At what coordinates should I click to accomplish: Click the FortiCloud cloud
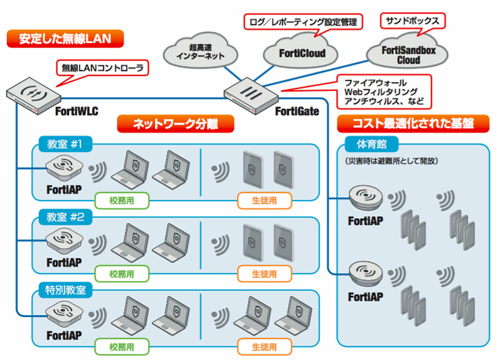pos(301,52)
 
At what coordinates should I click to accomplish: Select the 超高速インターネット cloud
pos(200,51)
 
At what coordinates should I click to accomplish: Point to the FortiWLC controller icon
pos(34,96)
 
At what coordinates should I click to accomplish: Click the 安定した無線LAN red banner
pos(65,39)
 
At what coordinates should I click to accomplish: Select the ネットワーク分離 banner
pos(176,123)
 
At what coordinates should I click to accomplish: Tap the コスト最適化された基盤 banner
pos(413,123)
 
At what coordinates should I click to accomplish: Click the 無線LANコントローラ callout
pos(102,68)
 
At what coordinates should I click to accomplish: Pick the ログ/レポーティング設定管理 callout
pos(303,22)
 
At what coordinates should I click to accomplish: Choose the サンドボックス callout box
pos(413,21)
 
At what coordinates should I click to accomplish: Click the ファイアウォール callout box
pos(384,92)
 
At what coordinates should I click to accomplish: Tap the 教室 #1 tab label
pos(65,144)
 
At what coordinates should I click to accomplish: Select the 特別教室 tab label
pos(65,290)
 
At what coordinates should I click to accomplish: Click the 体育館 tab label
pos(372,144)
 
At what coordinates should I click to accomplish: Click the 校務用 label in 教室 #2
pos(122,274)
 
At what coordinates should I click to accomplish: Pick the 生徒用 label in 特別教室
pos(264,347)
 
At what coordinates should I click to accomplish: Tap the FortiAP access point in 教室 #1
pos(64,168)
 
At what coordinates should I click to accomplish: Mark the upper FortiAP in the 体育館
pos(365,197)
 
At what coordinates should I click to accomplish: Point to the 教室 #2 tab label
pos(65,217)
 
